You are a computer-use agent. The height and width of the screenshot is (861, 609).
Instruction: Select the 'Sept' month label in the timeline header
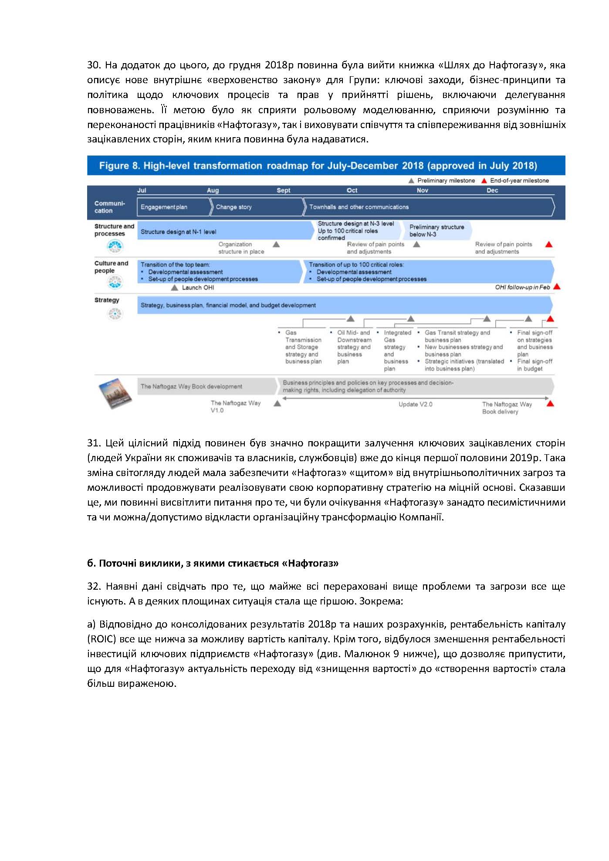point(284,190)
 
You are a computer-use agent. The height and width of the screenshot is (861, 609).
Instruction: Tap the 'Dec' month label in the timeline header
point(492,190)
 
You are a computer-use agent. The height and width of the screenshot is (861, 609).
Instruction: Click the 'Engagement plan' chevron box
point(173,207)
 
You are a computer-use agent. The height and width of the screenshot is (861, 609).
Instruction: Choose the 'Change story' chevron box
point(256,207)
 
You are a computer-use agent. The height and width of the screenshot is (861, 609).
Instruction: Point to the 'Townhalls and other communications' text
point(359,207)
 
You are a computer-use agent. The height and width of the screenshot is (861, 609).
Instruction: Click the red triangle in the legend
point(484,181)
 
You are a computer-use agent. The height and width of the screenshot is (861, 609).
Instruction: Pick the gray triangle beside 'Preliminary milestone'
point(411,181)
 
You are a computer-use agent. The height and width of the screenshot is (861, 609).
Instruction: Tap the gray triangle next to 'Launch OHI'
point(175,288)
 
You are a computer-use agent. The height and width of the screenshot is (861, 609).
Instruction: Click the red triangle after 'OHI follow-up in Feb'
point(557,287)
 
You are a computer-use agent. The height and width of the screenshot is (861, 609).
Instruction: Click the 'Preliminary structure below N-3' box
point(437,230)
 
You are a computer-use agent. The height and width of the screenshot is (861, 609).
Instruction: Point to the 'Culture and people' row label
point(111,267)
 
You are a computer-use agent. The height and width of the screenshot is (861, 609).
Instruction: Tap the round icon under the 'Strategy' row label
point(115,314)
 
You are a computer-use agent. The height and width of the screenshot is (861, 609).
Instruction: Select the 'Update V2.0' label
point(415,404)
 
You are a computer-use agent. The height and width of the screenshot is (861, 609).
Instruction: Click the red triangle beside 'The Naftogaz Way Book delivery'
point(550,404)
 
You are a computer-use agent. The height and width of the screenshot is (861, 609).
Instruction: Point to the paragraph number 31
point(94,443)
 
